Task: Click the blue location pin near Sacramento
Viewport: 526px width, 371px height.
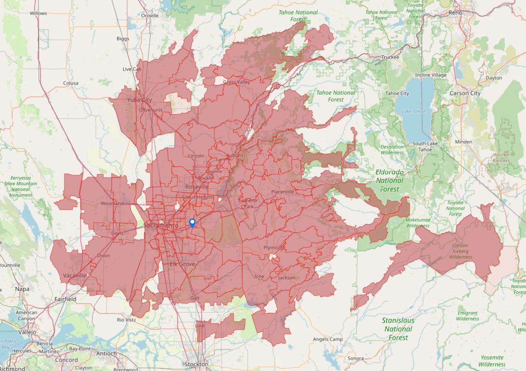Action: pyautogui.click(x=192, y=223)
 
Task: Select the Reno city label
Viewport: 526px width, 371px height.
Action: pyautogui.click(x=455, y=12)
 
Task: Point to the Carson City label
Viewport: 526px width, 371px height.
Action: pyautogui.click(x=464, y=93)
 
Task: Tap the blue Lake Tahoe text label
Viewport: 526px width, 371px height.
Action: pyautogui.click(x=413, y=111)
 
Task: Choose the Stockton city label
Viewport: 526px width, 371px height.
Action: pyautogui.click(x=197, y=364)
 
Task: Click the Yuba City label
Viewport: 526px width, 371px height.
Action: pyautogui.click(x=139, y=100)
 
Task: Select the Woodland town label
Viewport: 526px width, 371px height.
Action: pyautogui.click(x=112, y=203)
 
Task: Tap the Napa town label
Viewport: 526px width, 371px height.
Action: pyautogui.click(x=22, y=289)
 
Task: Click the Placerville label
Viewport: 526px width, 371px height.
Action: pyautogui.click(x=282, y=191)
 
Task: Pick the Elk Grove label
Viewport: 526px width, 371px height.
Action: pyautogui.click(x=181, y=264)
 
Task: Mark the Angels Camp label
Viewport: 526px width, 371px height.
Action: pyautogui.click(x=327, y=339)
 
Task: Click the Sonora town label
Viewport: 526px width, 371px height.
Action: pyautogui.click(x=356, y=359)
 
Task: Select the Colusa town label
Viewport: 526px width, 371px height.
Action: pyautogui.click(x=71, y=83)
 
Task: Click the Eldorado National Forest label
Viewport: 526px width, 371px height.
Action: pyautogui.click(x=389, y=180)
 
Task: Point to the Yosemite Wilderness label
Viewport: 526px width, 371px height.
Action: pyautogui.click(x=492, y=361)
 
